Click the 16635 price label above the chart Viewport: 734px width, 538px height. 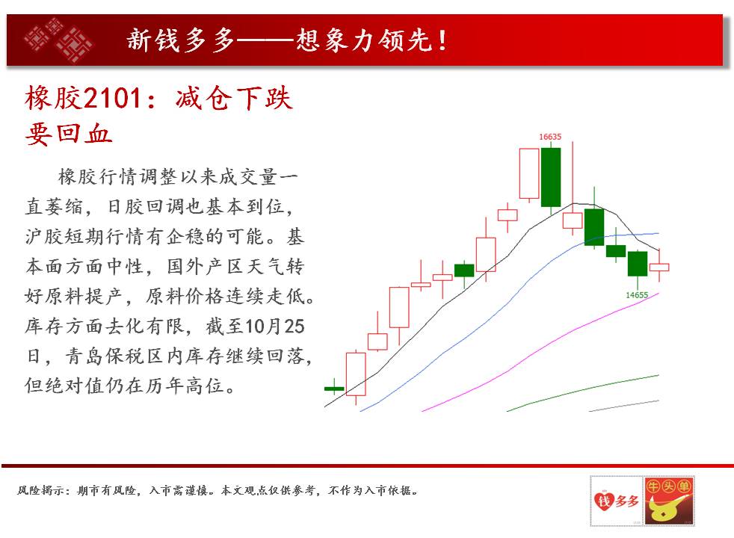tap(550, 137)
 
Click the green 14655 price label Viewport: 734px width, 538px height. tap(637, 295)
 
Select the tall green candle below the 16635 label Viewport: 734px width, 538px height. tap(551, 177)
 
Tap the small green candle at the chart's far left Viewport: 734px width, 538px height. tap(334, 389)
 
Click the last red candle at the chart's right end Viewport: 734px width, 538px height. tap(659, 267)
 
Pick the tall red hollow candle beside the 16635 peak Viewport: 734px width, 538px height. tap(529, 173)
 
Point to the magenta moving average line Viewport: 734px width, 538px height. tap(540, 352)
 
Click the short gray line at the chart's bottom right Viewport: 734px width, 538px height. tap(624, 406)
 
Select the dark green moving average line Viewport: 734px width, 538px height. tap(583, 393)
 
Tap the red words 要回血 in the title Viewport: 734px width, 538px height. tap(69, 134)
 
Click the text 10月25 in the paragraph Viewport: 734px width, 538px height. tap(275, 326)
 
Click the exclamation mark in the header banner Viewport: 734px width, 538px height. tap(442, 40)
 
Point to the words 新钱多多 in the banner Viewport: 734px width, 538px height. tap(180, 40)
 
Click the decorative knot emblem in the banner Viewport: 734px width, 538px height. tap(58, 40)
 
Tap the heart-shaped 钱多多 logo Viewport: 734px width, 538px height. tap(616, 501)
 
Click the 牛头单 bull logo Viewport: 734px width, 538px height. tap(669, 501)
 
